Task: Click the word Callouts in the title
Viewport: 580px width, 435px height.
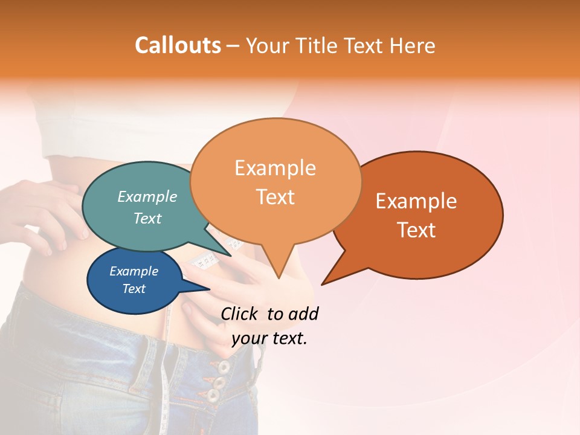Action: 178,45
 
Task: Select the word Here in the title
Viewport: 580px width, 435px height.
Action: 413,46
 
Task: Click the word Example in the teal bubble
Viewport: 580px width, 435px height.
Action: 147,196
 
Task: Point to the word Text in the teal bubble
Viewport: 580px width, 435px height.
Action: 147,218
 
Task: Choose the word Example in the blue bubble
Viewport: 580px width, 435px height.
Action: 134,271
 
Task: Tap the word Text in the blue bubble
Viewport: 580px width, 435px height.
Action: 134,289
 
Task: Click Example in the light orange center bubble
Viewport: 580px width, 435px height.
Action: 275,168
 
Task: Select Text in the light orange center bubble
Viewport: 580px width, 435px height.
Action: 275,197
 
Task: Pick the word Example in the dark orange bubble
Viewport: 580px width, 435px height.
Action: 416,201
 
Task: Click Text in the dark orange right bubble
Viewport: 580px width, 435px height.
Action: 416,230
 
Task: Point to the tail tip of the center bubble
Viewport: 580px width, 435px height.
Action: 279,277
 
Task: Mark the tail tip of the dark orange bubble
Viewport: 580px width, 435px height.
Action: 323,283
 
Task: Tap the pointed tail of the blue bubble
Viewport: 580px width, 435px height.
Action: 208,289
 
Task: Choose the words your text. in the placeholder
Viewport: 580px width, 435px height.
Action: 269,339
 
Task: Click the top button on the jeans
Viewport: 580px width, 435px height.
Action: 224,367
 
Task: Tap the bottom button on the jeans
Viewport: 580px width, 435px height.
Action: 213,396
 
